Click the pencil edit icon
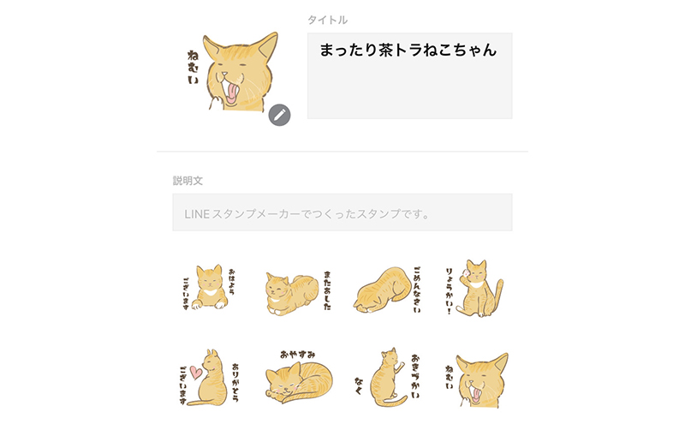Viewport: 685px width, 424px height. (280, 115)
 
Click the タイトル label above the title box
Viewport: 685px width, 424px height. (327, 20)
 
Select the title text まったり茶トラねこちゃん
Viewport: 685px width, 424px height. (408, 50)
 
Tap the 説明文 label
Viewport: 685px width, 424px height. (188, 181)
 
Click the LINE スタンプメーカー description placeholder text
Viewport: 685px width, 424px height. (307, 214)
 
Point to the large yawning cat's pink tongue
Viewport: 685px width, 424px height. (231, 94)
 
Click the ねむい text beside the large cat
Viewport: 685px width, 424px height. (193, 68)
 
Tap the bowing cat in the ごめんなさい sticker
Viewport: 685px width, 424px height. (382, 290)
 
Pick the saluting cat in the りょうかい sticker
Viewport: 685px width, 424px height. (479, 289)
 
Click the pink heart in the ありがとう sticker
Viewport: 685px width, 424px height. (196, 373)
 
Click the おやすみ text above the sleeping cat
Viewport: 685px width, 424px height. (297, 355)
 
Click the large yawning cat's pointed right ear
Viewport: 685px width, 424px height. (267, 47)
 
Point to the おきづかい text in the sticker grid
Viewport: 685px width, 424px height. (415, 376)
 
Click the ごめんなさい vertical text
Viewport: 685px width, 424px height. (417, 290)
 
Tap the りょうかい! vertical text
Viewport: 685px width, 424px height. (449, 291)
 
